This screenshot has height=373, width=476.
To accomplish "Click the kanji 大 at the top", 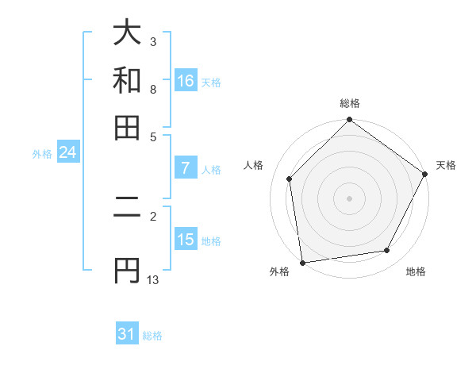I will [x=127, y=33].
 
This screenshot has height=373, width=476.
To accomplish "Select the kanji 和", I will [x=127, y=80].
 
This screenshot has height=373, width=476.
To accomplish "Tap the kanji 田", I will [x=127, y=128].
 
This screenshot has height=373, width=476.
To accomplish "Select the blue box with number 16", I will [x=186, y=81].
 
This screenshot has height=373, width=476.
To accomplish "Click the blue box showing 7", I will [x=185, y=167].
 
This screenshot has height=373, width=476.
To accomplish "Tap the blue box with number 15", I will [x=186, y=240].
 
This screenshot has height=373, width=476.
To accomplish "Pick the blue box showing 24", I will [x=67, y=152].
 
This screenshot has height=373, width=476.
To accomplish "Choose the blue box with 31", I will [x=127, y=334].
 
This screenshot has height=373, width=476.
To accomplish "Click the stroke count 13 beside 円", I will [x=153, y=280].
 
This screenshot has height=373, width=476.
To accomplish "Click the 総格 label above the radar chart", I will [x=349, y=103].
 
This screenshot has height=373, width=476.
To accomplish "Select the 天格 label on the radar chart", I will [x=446, y=165].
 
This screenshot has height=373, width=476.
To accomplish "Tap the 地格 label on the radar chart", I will [x=416, y=272].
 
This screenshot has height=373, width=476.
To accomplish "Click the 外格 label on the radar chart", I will [x=279, y=272].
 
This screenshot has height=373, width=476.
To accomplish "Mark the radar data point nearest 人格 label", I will [x=290, y=179].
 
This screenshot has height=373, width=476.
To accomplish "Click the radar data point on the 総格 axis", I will [x=349, y=121].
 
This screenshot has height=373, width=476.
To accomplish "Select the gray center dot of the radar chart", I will [x=349, y=198].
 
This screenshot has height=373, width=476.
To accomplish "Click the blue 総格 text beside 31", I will [x=152, y=336].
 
